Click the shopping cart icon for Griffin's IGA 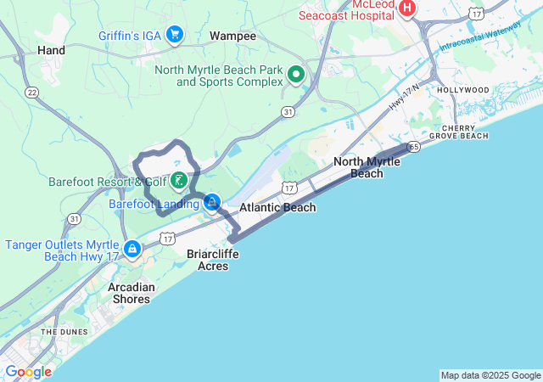click(x=175, y=34)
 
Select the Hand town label click(x=51, y=51)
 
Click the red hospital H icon click(x=407, y=9)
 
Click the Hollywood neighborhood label click(x=463, y=90)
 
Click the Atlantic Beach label click(x=277, y=207)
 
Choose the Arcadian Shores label click(x=132, y=293)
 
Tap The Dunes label click(x=59, y=332)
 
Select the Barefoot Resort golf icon click(x=179, y=180)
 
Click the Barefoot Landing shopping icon click(x=212, y=203)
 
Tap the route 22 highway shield click(x=32, y=92)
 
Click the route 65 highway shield click(x=413, y=147)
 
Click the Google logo click(x=28, y=371)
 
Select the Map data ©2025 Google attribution click(x=490, y=375)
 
